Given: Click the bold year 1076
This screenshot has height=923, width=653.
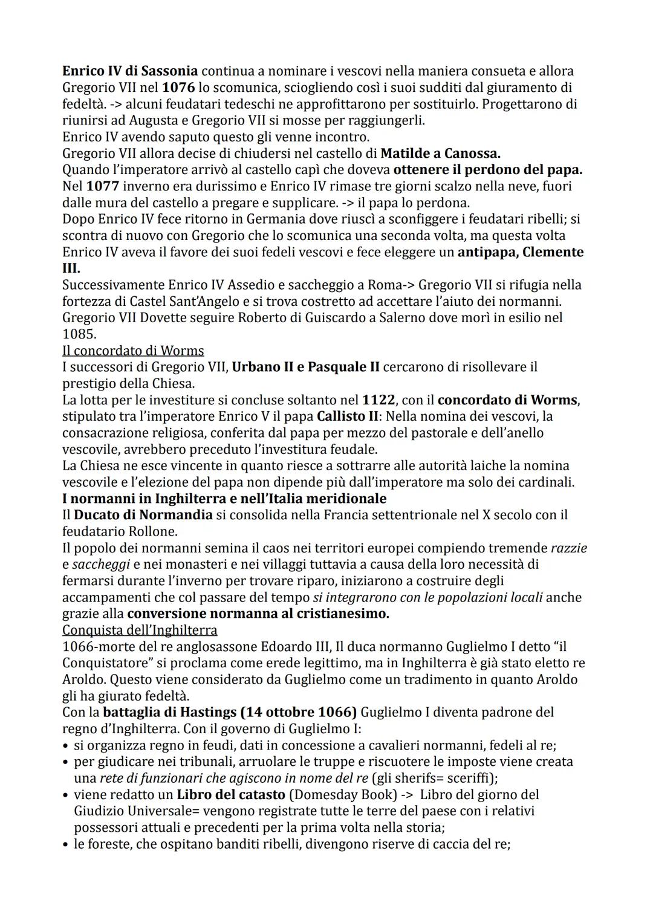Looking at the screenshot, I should (178, 88).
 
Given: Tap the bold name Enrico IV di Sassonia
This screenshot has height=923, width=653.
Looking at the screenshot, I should (130, 71).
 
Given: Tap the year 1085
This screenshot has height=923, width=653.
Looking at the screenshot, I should (79, 334).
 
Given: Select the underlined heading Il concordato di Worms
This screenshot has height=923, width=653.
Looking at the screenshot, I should (133, 351).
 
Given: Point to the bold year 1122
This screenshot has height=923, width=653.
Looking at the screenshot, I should (378, 400).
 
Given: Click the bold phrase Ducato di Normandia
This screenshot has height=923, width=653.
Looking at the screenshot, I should (143, 515).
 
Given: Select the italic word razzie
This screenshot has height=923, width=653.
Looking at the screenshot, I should (568, 548).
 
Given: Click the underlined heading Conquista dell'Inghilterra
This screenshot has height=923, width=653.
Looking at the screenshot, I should (140, 630).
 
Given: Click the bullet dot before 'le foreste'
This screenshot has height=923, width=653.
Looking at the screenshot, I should (65, 844).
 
